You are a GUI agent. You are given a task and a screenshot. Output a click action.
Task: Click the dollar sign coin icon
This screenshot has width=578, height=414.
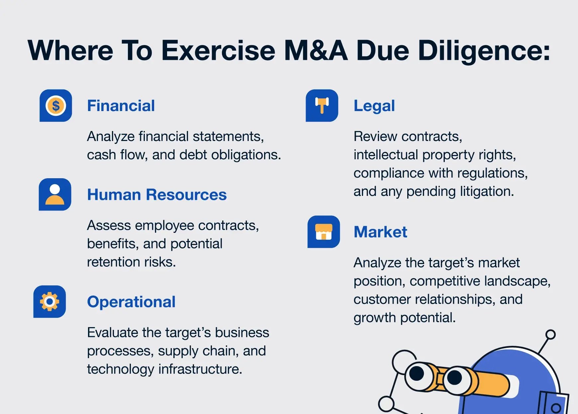(56, 106)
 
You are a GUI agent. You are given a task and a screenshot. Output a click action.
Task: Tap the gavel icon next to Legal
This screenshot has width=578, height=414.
(322, 105)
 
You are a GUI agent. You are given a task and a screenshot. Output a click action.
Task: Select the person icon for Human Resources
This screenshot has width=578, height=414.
(55, 195)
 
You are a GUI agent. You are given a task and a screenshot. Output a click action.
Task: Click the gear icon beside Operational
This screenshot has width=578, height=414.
(49, 302)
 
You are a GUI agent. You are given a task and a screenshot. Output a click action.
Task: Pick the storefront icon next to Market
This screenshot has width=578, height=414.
(324, 232)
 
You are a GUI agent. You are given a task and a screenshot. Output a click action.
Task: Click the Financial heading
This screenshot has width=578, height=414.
(121, 106)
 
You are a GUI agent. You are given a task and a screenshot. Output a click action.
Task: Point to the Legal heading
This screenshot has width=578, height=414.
(374, 106)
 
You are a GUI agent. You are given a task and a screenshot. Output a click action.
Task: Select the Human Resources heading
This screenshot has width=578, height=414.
(157, 195)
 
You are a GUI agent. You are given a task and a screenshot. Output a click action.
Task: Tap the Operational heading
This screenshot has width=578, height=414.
(131, 302)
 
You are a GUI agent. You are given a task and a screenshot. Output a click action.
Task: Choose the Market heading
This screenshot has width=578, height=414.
(380, 232)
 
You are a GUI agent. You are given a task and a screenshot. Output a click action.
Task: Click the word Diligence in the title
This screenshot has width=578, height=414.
(484, 51)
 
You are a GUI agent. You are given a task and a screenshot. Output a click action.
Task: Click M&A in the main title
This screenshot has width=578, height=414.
(316, 51)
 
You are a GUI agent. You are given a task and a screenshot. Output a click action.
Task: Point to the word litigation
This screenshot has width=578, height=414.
(487, 192)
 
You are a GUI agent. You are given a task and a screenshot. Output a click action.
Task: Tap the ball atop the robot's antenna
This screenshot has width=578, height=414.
(550, 334)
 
